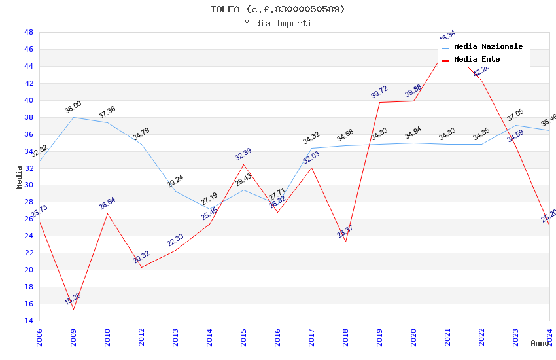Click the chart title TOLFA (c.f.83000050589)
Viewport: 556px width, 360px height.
click(x=277, y=9)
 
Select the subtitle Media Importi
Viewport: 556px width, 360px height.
click(x=277, y=23)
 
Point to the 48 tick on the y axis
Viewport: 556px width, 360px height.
click(x=28, y=32)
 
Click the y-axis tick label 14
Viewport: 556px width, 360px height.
click(x=28, y=321)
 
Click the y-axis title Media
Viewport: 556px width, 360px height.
click(x=20, y=177)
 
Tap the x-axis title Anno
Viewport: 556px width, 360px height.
click(x=540, y=343)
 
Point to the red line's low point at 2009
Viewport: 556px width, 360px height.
click(x=73, y=309)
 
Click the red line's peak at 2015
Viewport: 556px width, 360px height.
click(x=243, y=164)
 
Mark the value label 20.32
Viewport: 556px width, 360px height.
click(x=141, y=257)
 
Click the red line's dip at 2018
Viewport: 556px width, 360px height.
click(x=345, y=242)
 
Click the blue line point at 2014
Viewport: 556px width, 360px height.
click(x=209, y=209)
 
